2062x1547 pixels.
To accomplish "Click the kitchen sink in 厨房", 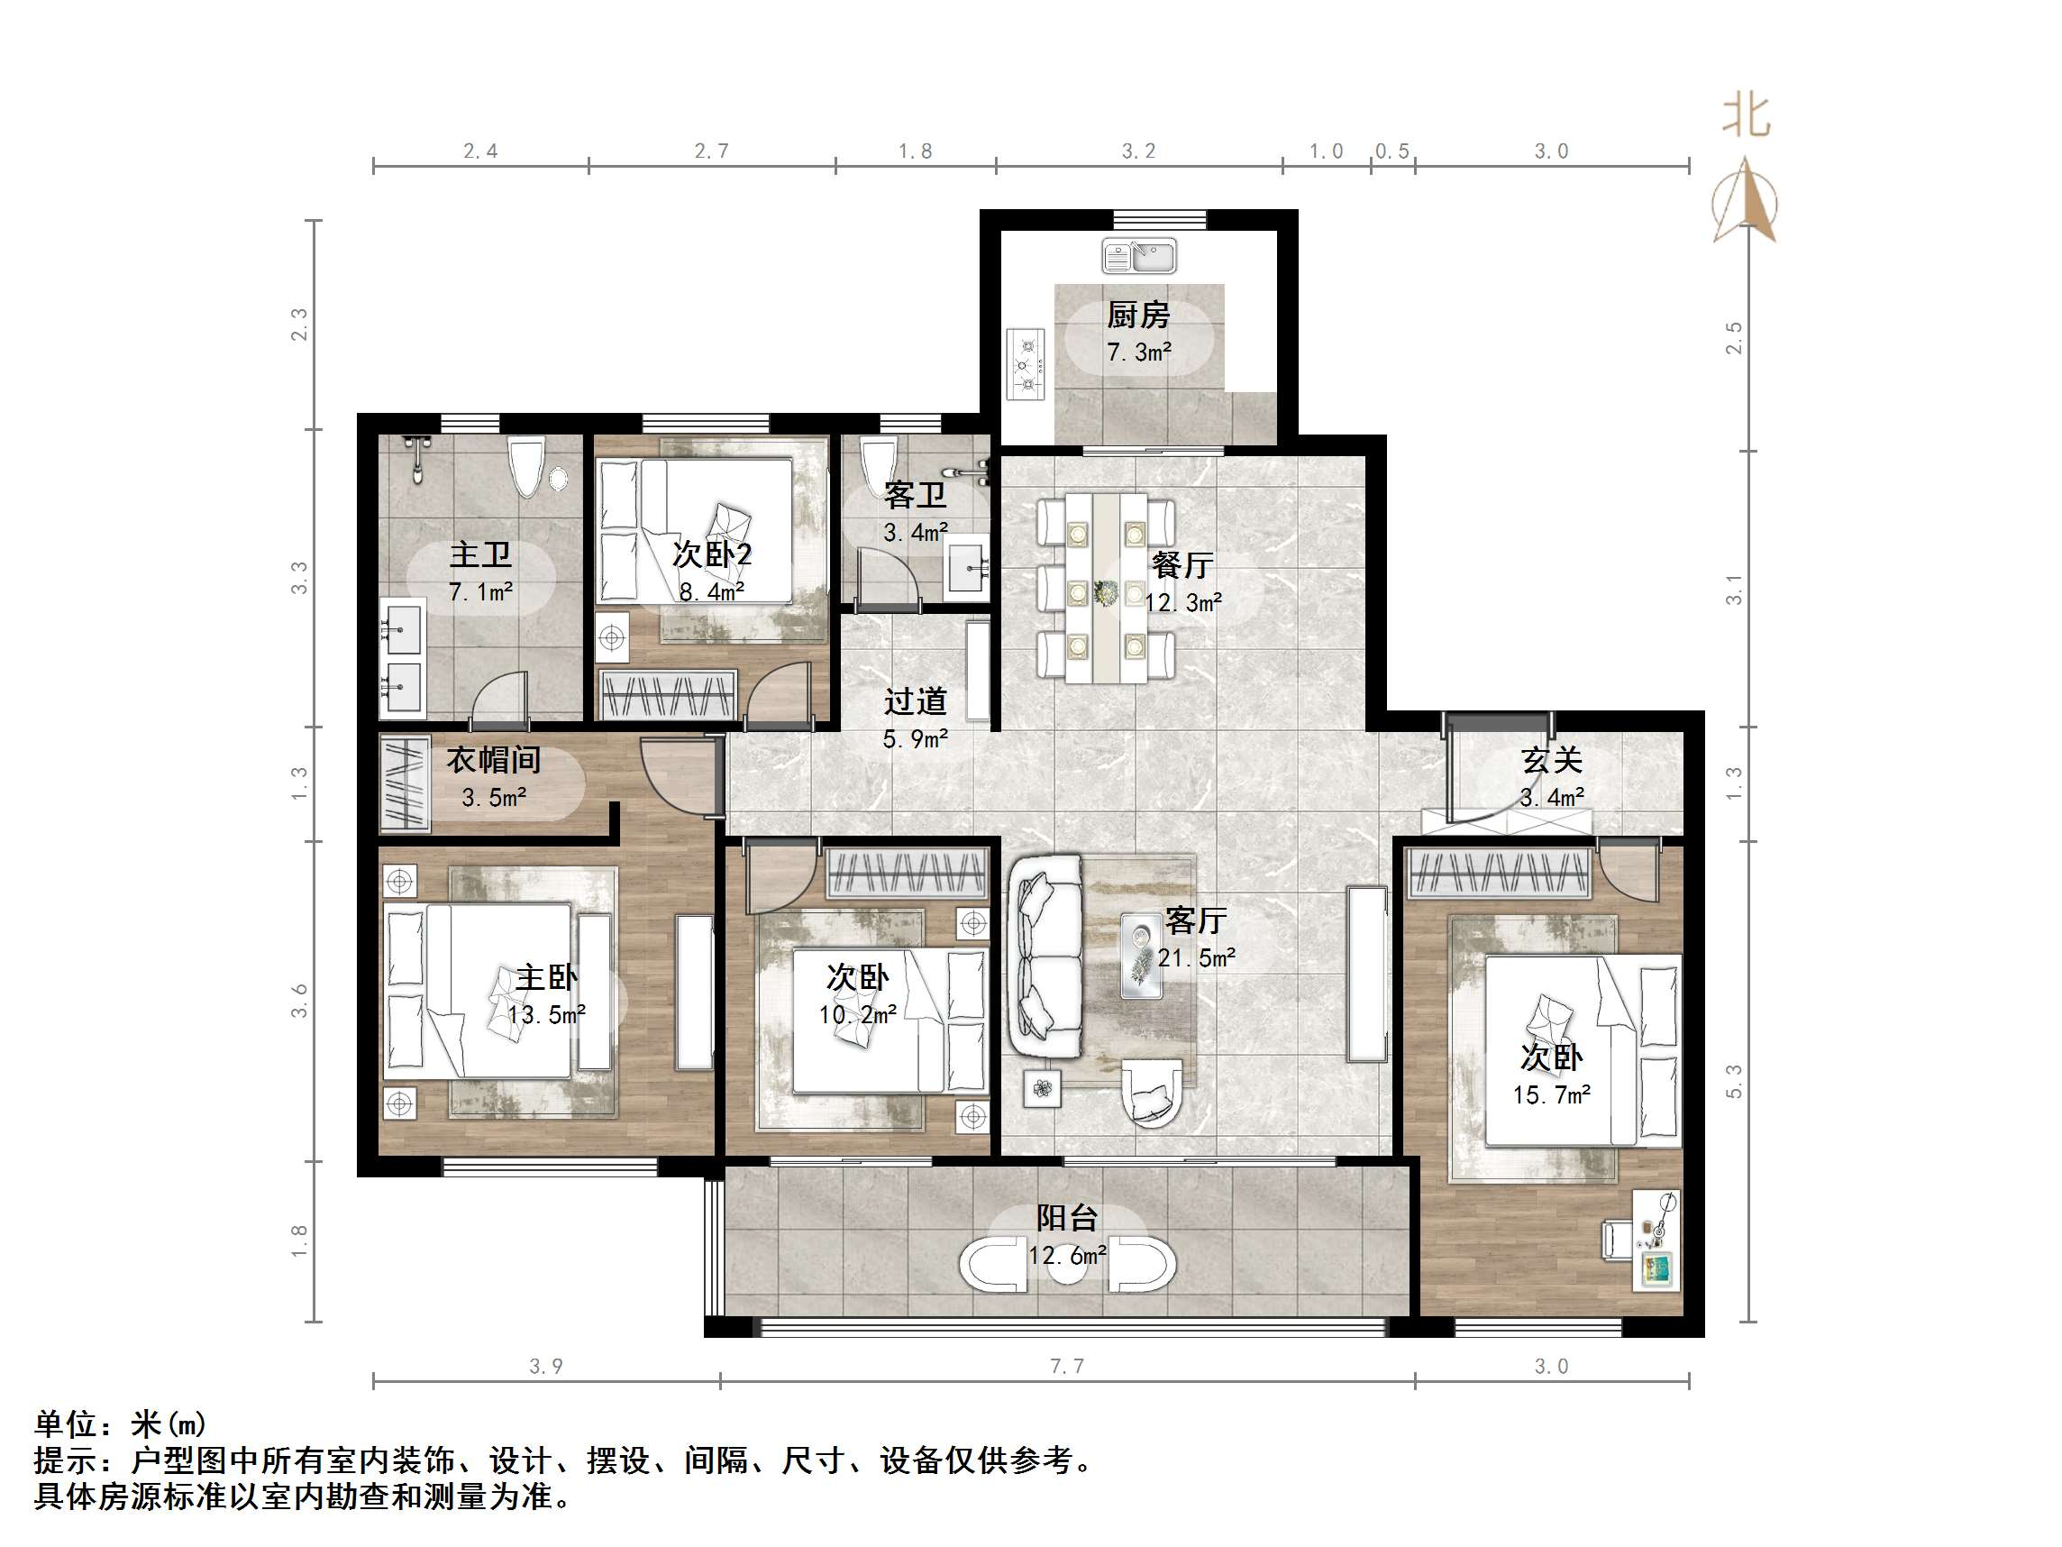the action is (1138, 255).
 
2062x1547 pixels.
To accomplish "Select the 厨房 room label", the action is (1138, 316).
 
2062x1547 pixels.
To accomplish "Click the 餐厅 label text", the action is (1182, 564).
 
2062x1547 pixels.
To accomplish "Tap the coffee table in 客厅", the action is (1142, 955).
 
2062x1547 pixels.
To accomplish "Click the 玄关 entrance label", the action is (1552, 760).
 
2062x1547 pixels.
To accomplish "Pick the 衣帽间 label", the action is (494, 760).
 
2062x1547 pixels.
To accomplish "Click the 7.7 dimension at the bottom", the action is (1067, 1366).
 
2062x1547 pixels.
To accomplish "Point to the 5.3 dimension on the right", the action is (1734, 1082).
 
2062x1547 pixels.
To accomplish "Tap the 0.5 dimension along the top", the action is (1392, 151).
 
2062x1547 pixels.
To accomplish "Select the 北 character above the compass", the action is (1746, 116).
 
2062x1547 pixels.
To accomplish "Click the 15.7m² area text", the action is (1552, 1094).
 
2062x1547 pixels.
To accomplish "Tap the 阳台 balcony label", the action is (1067, 1217).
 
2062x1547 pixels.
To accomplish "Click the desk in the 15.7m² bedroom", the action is (1656, 1240).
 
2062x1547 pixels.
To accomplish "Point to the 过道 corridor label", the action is (916, 700).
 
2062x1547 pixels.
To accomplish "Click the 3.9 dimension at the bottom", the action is (546, 1366).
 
